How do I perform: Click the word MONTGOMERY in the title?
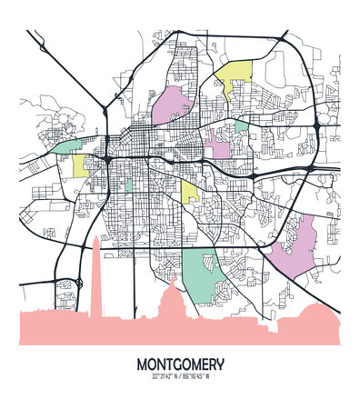point(180,364)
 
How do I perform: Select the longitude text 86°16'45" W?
point(203,375)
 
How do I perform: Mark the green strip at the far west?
point(65,145)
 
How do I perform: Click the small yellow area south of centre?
point(189,190)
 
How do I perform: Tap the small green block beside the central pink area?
point(240,126)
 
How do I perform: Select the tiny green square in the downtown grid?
point(128,185)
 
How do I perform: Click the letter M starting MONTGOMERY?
point(143,364)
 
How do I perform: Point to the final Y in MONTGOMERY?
point(219,364)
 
